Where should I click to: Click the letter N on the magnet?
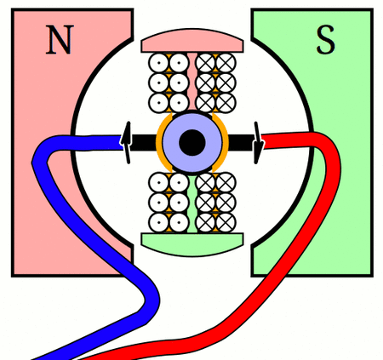tap(60, 40)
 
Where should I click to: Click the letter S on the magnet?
tap(326, 40)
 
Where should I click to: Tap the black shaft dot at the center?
tap(192, 142)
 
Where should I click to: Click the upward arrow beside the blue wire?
tap(127, 143)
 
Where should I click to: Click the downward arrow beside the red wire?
tap(258, 143)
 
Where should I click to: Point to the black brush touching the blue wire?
tap(144, 142)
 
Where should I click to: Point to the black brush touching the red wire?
tap(241, 142)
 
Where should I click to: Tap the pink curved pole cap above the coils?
tap(192, 41)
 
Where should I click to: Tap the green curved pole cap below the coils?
tap(192, 244)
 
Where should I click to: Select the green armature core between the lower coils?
tap(192, 203)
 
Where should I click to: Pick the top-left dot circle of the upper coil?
tap(159, 63)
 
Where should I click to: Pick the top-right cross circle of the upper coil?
tap(226, 63)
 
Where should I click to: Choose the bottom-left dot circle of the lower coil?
tap(159, 223)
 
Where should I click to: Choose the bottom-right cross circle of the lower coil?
tap(226, 223)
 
